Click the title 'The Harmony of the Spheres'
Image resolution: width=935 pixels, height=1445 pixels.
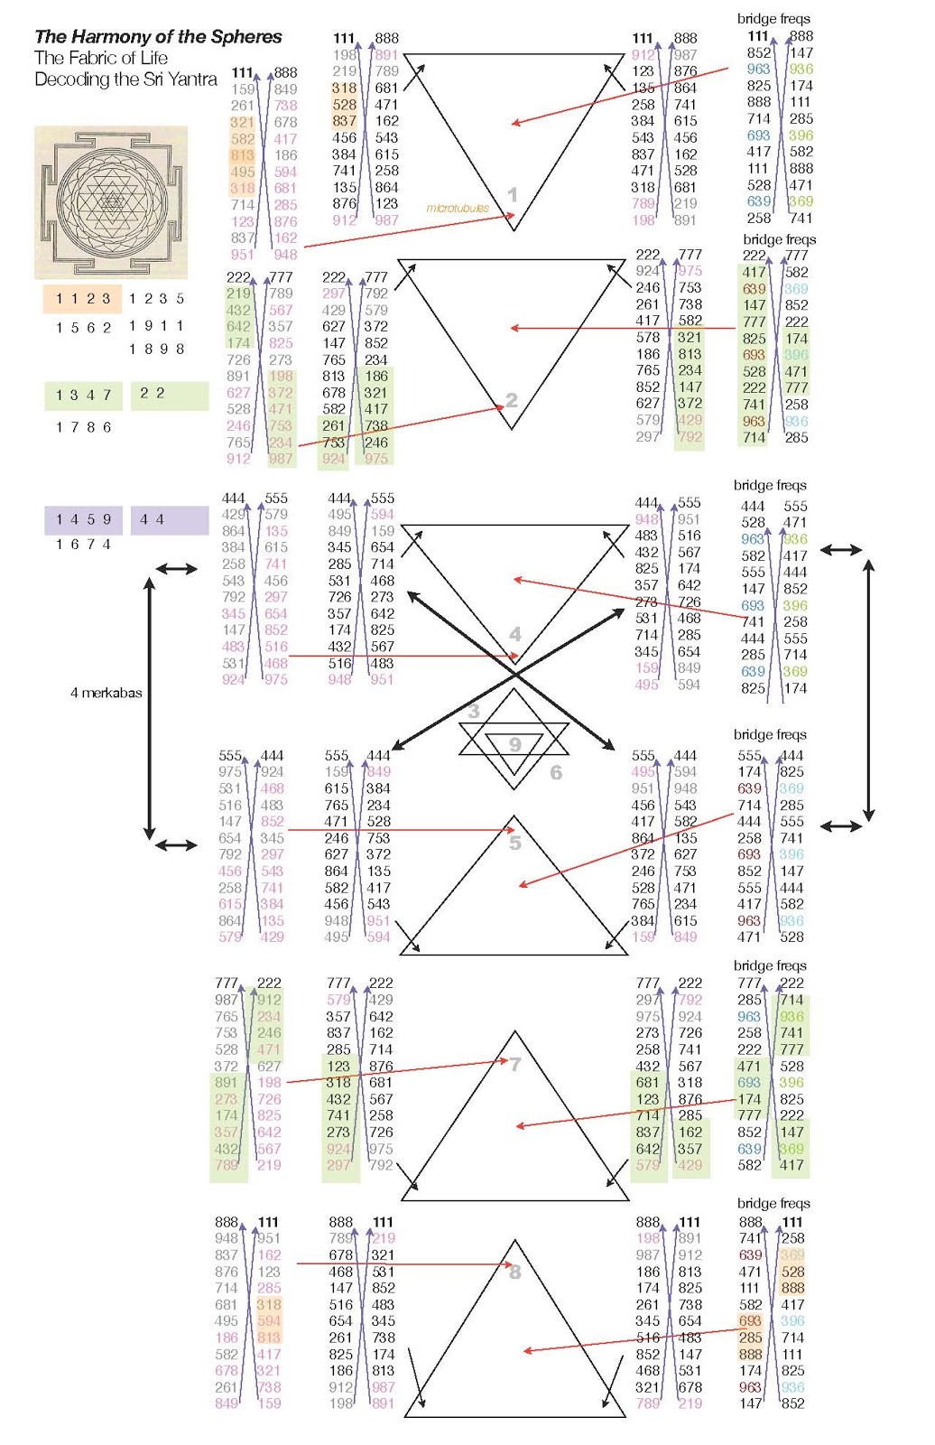point(158,37)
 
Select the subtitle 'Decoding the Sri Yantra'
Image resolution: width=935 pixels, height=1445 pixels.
point(125,79)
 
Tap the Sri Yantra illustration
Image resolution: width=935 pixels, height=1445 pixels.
point(111,202)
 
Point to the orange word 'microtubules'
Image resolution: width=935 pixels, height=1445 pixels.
point(458,209)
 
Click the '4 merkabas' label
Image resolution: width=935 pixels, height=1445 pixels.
point(106,693)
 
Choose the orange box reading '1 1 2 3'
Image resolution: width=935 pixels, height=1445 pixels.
point(83,299)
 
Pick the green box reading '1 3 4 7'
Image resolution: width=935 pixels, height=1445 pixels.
point(83,396)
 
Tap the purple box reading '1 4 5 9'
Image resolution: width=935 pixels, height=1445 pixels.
point(83,520)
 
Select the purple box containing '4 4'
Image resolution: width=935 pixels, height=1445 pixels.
point(169,520)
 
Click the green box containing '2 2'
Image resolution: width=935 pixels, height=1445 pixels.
point(169,395)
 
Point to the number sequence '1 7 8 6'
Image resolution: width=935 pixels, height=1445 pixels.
point(83,427)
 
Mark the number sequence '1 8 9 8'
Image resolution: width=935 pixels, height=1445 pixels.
point(156,350)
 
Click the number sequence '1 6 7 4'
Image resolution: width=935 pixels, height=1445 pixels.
point(83,545)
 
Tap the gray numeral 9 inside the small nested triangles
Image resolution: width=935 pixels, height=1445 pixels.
point(514,745)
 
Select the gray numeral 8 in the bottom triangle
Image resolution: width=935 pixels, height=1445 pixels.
point(515,1273)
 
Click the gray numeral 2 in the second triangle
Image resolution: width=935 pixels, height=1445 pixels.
point(512,399)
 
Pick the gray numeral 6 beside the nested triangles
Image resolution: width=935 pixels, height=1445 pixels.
point(556,772)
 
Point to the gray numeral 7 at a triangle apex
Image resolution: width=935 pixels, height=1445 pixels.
point(515,1064)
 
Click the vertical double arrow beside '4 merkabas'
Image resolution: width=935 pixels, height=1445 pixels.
point(150,708)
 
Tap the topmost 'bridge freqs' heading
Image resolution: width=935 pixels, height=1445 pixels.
point(773,18)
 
